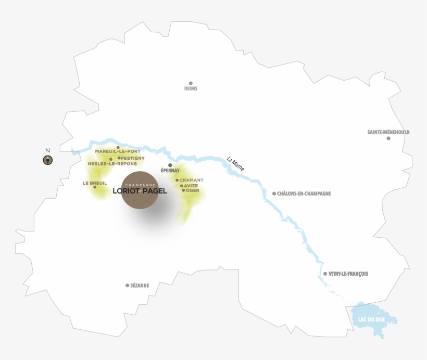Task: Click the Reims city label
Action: (x=191, y=89)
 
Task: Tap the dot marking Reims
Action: (x=191, y=83)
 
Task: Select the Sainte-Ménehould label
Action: (x=388, y=132)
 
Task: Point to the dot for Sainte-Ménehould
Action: (x=388, y=138)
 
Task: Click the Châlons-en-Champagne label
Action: (x=305, y=194)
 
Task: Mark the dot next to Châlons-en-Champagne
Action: (x=274, y=194)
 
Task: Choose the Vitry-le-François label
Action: (x=349, y=274)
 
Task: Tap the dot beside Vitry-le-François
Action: (x=325, y=274)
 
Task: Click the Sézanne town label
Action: (x=140, y=286)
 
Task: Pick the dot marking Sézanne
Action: (x=128, y=285)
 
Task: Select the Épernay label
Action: (x=170, y=171)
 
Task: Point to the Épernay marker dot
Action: (x=170, y=165)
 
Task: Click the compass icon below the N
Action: (x=47, y=160)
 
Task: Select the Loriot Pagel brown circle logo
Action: (x=141, y=190)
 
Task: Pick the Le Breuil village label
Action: (x=94, y=183)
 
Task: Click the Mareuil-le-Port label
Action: (x=118, y=151)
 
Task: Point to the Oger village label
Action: (x=193, y=190)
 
